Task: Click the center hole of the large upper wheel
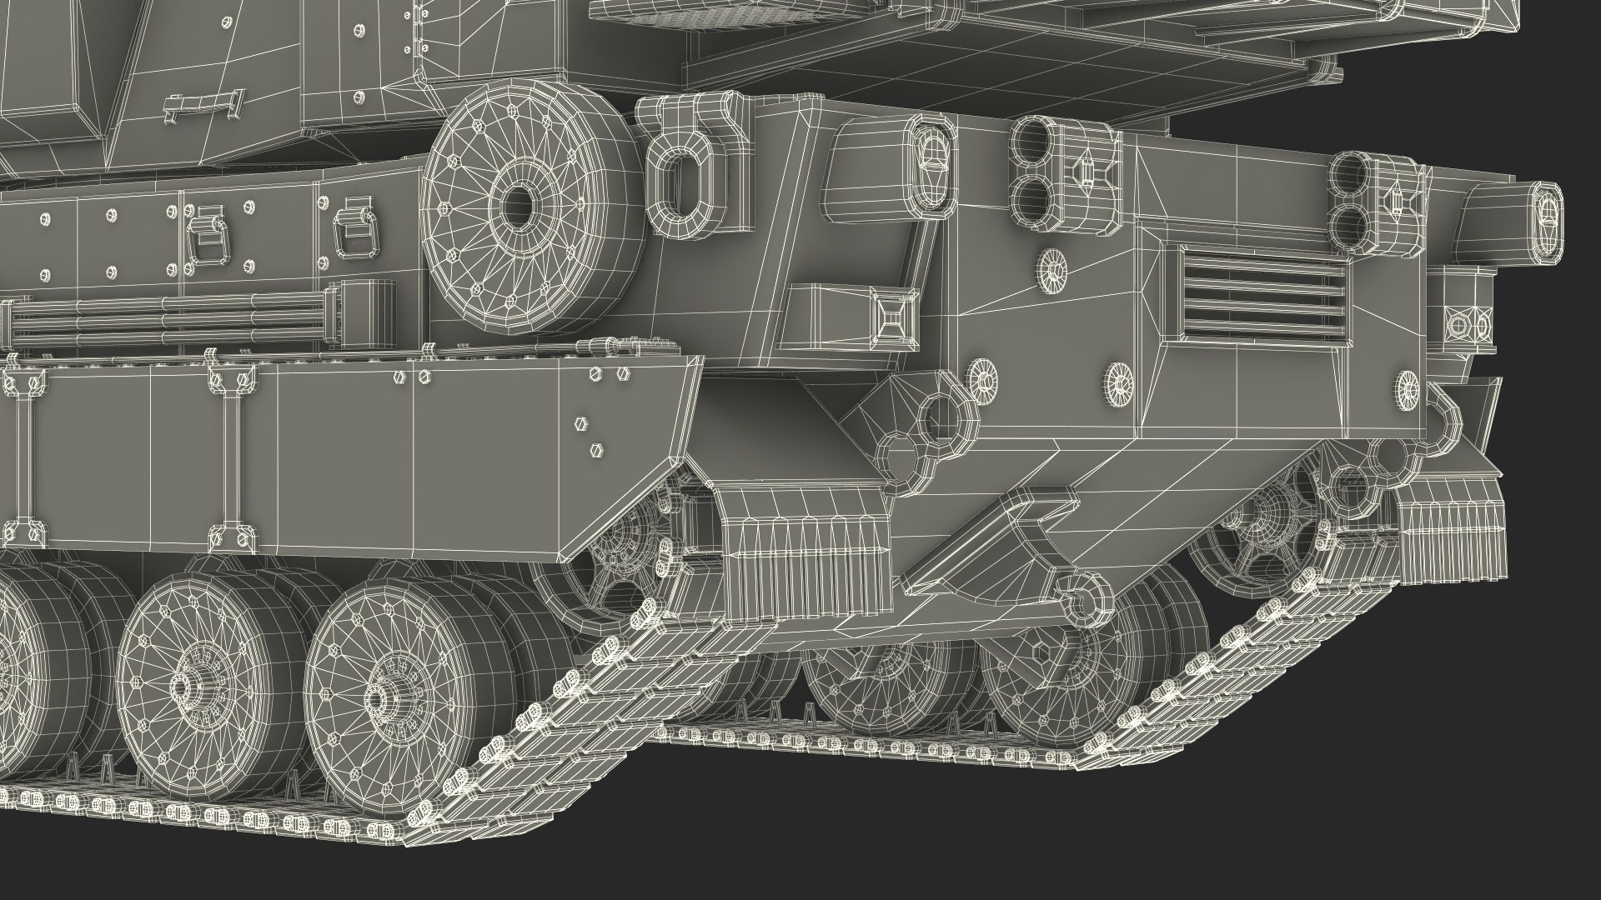tap(518, 205)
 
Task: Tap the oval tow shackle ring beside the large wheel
tap(682, 183)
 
